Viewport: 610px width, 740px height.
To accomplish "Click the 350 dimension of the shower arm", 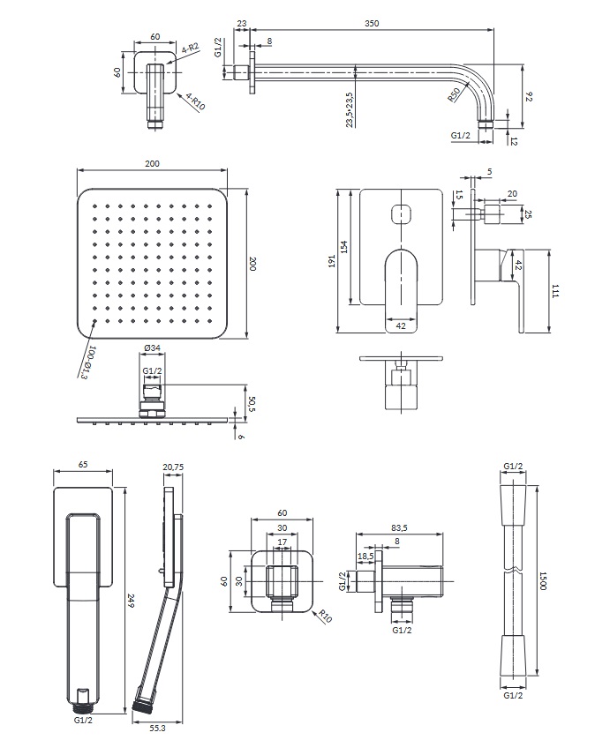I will [372, 24].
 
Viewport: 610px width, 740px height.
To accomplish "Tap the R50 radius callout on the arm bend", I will [453, 96].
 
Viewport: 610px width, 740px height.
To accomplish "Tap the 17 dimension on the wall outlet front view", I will [282, 542].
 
